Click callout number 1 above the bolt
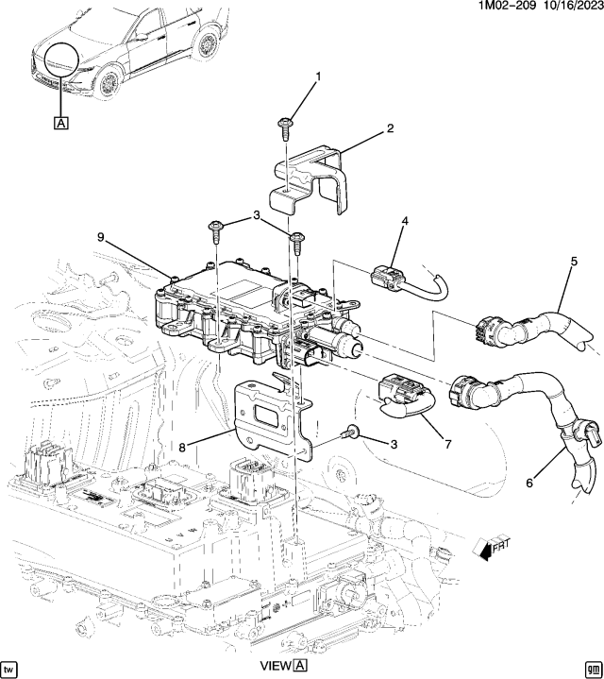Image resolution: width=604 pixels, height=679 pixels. coord(318,77)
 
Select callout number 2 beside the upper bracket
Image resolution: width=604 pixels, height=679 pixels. coord(391,128)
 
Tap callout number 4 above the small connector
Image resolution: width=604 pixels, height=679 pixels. coord(405,221)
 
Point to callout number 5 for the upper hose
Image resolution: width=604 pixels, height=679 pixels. coord(574,262)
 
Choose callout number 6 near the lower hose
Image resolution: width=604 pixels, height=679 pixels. coord(529,483)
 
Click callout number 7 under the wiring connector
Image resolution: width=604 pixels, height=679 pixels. coord(447,444)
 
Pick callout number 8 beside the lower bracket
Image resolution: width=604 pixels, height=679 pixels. coord(182,448)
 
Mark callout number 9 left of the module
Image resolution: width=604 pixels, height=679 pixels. coord(101,237)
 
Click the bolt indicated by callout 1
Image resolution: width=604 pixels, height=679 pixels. coord(284,128)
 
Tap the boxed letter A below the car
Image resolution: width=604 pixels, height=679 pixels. coord(61,123)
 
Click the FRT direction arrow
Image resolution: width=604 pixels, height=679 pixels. coord(492,549)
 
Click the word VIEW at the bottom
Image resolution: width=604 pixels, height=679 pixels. coord(276,666)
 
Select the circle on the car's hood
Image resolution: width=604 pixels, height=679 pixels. coord(62,59)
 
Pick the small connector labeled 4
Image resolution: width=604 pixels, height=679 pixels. coord(386,277)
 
